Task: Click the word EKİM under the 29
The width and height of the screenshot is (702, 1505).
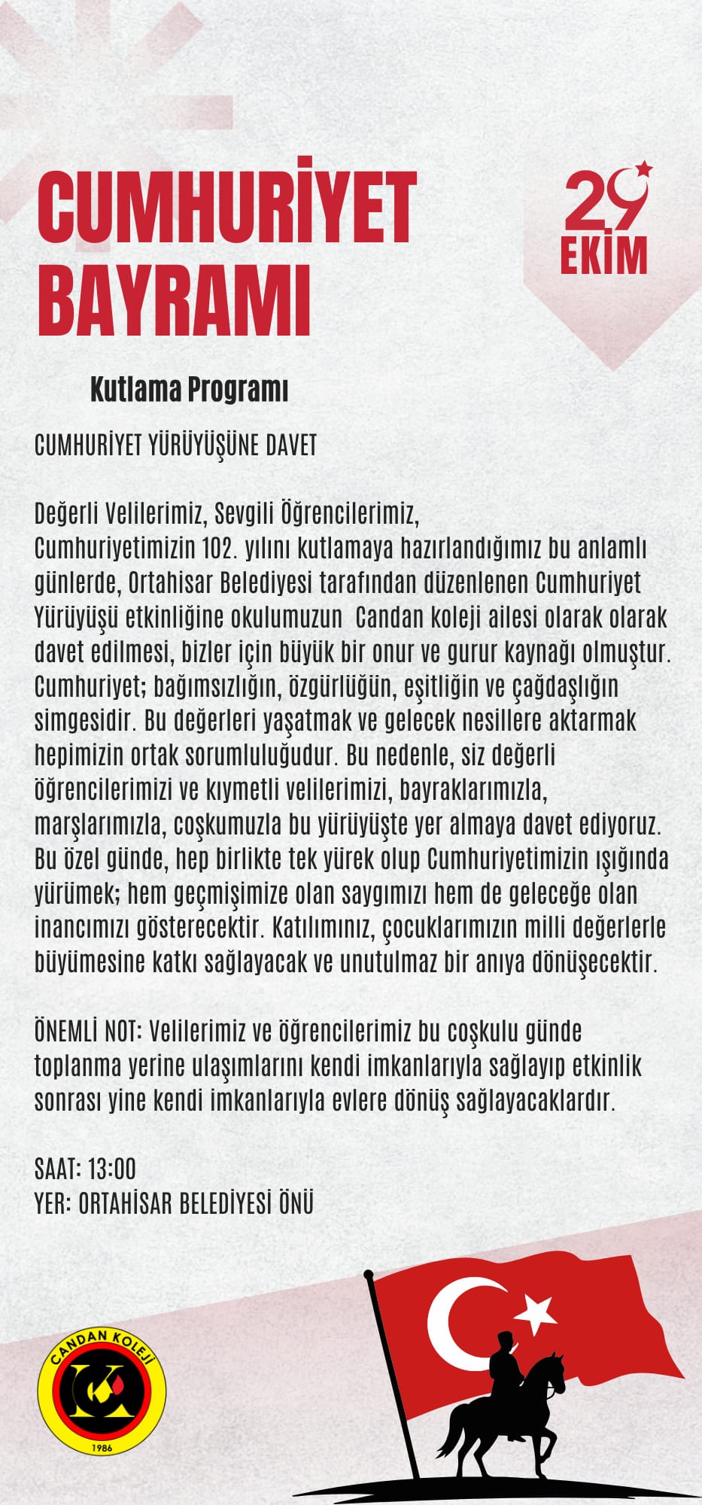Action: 603,255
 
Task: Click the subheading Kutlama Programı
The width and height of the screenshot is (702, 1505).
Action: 189,391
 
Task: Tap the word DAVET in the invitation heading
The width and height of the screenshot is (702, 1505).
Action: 291,445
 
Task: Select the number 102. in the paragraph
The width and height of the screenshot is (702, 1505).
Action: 220,549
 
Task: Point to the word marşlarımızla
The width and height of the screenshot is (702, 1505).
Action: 99,825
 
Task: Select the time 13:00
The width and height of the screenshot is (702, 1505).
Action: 111,1169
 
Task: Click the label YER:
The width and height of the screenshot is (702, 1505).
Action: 53,1204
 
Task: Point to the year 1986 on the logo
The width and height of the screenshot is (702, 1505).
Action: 102,1448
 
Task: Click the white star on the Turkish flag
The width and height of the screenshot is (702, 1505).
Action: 535,1312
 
